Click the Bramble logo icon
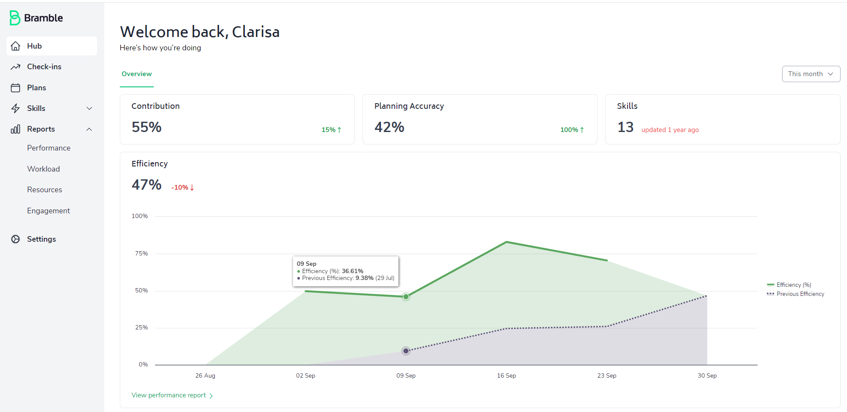coord(15,18)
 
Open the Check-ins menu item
coord(44,67)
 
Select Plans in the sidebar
coord(36,88)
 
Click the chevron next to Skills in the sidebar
coord(89,108)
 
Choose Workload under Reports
coord(43,169)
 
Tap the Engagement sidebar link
coord(48,211)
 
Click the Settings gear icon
coord(15,239)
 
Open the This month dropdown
coord(810,74)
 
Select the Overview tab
coord(137,74)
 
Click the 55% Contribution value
coord(146,127)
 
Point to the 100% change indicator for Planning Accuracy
coord(572,130)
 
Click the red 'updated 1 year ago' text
coord(670,130)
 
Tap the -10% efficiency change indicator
coord(183,188)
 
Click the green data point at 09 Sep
coord(406,297)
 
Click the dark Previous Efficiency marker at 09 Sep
coord(406,351)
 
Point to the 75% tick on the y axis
coord(141,254)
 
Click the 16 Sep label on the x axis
coord(506,375)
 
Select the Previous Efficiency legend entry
coord(800,294)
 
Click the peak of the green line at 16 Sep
coord(506,242)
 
